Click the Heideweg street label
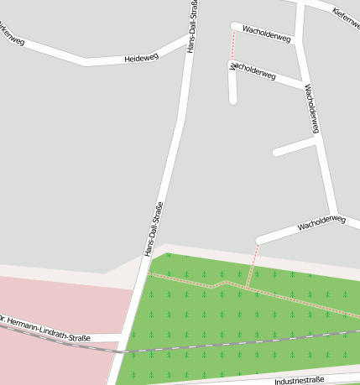click(140, 58)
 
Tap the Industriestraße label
click(299, 381)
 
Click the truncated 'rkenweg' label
click(13, 36)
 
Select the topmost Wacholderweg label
click(266, 34)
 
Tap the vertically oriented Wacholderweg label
click(312, 108)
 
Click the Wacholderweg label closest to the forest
click(321, 222)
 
